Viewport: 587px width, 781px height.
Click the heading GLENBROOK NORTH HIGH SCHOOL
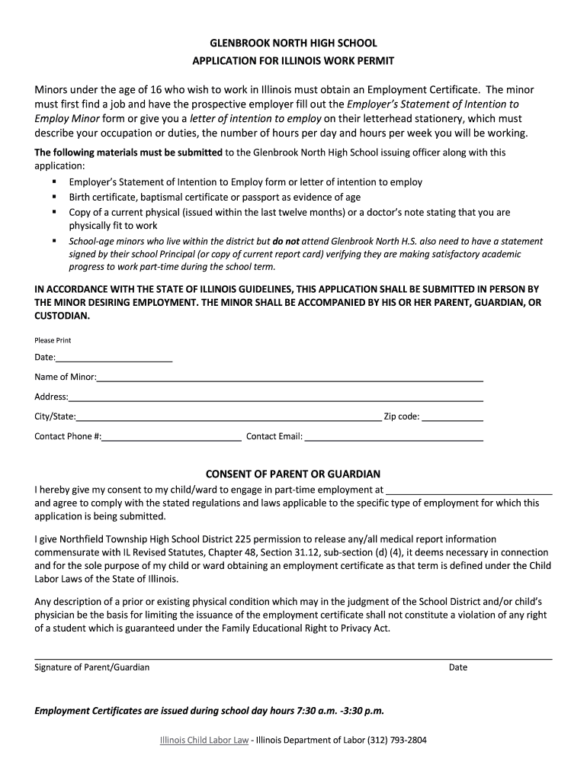point(293,43)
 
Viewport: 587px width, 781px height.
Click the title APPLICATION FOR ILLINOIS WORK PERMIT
point(293,60)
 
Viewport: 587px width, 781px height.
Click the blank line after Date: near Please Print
point(114,358)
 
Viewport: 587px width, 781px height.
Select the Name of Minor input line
point(290,378)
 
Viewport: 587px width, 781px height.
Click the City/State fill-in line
point(229,418)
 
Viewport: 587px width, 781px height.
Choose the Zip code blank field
point(452,418)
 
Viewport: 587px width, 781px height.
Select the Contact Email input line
point(393,438)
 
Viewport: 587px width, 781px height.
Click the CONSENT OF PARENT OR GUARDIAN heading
point(293,474)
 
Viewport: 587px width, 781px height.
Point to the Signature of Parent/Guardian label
point(92,667)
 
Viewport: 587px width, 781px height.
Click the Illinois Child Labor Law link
point(204,740)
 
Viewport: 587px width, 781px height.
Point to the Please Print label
point(53,340)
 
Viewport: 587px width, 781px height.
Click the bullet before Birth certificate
point(56,197)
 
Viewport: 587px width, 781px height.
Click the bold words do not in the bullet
point(287,241)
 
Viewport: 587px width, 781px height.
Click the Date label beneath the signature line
point(458,667)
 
